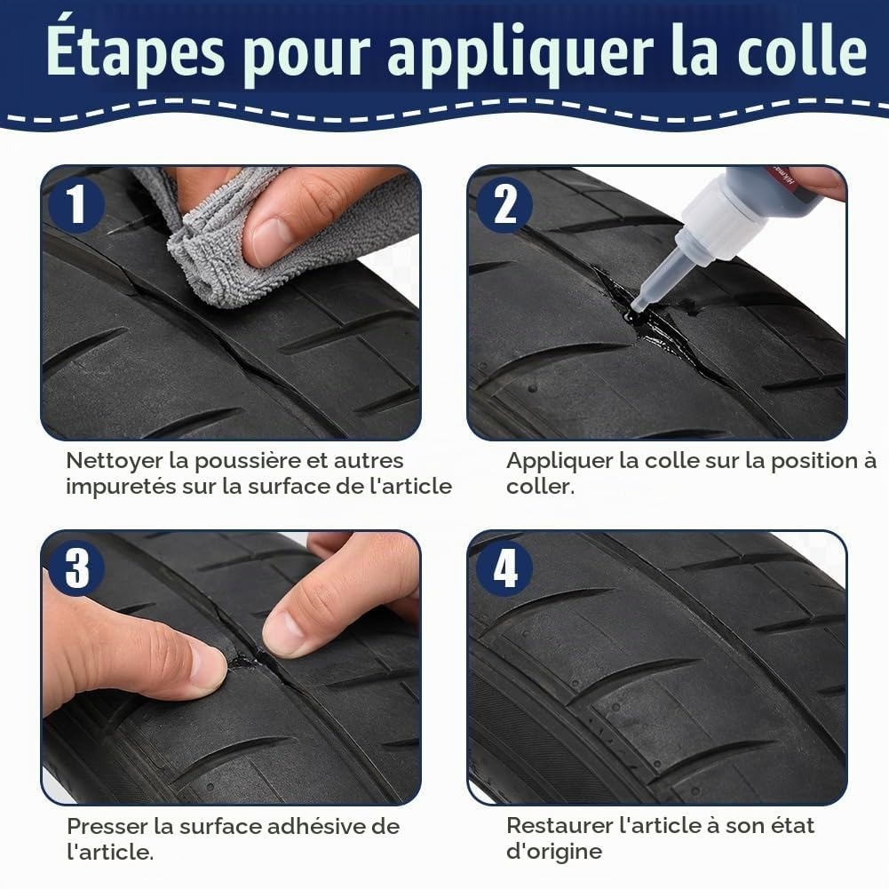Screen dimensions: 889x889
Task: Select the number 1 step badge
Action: (76, 204)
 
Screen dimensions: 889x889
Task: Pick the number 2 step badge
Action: (504, 204)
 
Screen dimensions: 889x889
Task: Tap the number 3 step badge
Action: (76, 568)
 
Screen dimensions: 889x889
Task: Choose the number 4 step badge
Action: (504, 568)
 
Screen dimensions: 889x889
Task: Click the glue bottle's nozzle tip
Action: (638, 306)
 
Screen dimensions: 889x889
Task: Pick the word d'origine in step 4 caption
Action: (554, 853)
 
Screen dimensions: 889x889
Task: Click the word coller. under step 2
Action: (540, 487)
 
